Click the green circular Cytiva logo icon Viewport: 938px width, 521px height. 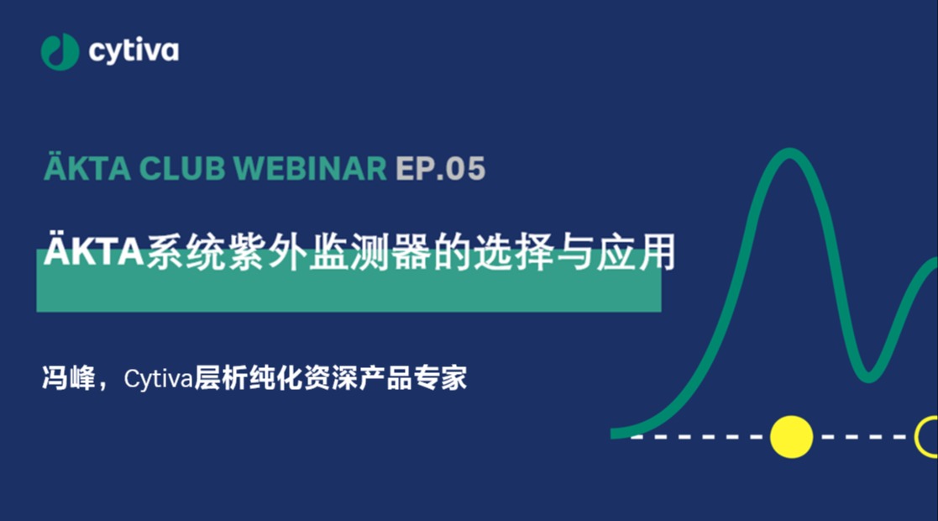click(60, 51)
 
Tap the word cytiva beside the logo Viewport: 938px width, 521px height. click(134, 51)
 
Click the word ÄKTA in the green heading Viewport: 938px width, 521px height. click(87, 168)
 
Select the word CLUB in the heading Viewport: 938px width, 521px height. click(182, 168)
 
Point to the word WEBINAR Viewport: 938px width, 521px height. click(310, 168)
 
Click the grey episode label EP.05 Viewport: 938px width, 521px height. click(440, 168)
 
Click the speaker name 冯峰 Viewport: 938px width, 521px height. click(69, 378)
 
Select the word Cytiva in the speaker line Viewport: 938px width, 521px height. click(159, 379)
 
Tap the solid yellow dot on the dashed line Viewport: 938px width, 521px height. click(791, 437)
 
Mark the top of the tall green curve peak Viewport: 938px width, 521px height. click(789, 153)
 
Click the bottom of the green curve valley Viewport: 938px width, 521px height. click(868, 377)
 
